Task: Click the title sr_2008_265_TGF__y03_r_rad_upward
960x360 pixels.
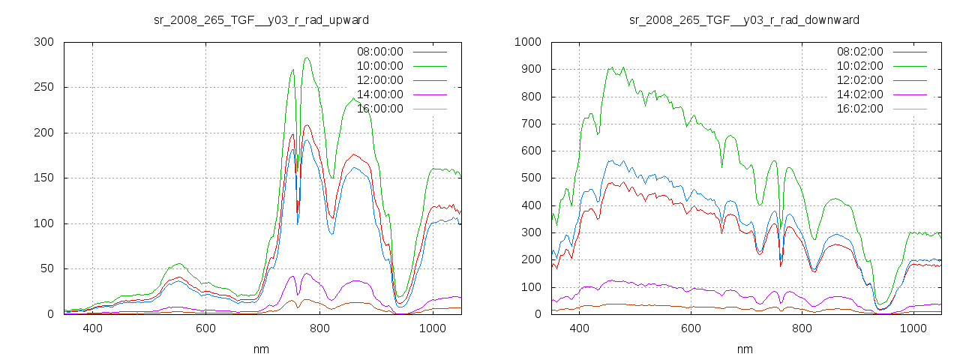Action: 261,19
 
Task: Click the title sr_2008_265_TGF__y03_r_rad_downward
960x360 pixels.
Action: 744,19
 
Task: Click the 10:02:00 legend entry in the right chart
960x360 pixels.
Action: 859,66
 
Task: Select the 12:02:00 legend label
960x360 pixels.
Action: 859,80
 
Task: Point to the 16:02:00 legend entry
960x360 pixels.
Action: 859,109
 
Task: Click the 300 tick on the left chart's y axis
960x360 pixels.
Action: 43,42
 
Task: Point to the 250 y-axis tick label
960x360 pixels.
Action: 43,88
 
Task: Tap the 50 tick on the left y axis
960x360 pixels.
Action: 46,269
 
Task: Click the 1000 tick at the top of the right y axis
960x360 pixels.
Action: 528,42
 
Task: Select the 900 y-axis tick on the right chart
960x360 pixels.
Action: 531,70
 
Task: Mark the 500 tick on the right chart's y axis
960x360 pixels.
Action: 531,178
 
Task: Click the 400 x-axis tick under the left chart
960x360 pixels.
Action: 93,328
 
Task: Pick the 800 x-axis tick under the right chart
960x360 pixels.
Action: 802,328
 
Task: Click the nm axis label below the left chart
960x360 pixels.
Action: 261,349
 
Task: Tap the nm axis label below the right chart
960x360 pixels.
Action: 744,349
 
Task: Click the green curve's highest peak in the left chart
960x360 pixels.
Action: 307,58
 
